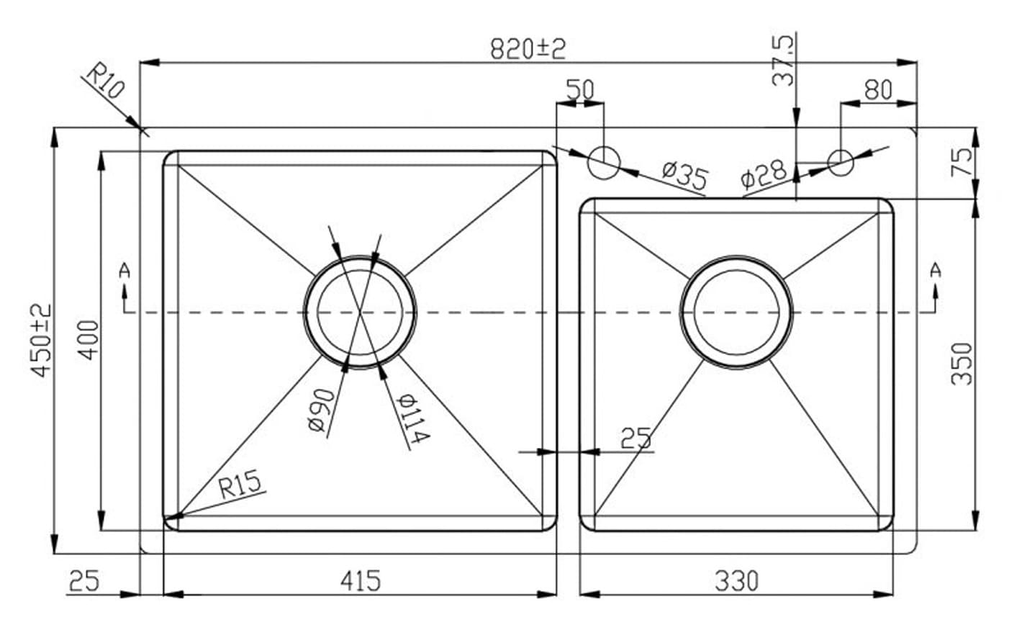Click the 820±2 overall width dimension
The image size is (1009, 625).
(x=528, y=48)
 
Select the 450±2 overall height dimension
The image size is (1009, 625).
(x=41, y=339)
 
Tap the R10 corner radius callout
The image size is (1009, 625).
(x=105, y=81)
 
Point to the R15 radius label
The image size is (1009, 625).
(x=240, y=485)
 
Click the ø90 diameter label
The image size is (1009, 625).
(x=320, y=410)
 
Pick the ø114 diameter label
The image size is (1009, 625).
(x=414, y=418)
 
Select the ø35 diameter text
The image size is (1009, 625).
(x=684, y=176)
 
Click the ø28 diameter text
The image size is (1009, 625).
(x=762, y=175)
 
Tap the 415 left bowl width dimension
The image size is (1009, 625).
(x=360, y=580)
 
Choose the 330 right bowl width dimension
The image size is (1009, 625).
(x=736, y=580)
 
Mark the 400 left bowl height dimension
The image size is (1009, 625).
(x=88, y=340)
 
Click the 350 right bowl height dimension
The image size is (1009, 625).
(x=962, y=363)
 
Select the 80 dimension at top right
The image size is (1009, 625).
(x=877, y=90)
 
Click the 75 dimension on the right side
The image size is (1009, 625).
(x=962, y=162)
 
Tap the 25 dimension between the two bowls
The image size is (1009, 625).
(x=635, y=438)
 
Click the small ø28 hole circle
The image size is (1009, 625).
(x=840, y=161)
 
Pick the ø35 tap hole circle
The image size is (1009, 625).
(x=603, y=162)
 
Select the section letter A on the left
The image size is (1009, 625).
(x=125, y=271)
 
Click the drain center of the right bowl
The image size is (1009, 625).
(x=736, y=311)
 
